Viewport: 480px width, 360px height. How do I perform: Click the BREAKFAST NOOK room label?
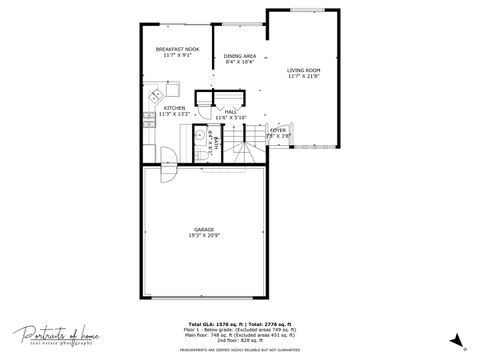pyautogui.click(x=177, y=48)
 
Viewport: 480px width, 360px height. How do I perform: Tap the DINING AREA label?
pyautogui.click(x=240, y=55)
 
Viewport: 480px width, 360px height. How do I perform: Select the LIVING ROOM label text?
pyautogui.click(x=303, y=69)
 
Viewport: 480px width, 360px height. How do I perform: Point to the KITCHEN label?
pyautogui.click(x=175, y=108)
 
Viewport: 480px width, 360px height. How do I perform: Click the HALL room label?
pyautogui.click(x=231, y=111)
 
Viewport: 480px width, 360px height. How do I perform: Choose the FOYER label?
pyautogui.click(x=278, y=130)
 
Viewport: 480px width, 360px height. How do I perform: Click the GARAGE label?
pyautogui.click(x=204, y=230)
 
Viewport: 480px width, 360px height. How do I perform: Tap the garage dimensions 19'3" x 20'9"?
pyautogui.click(x=204, y=236)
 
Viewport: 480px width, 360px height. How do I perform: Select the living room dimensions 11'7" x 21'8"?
pyautogui.click(x=303, y=75)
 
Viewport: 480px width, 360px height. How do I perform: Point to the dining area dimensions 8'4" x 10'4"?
pyautogui.click(x=240, y=61)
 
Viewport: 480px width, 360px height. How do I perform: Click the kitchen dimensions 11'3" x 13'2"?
pyautogui.click(x=175, y=114)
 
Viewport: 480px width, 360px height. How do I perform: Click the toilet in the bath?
pyautogui.click(x=201, y=157)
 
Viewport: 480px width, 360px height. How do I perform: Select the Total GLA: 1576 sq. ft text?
pyautogui.click(x=213, y=324)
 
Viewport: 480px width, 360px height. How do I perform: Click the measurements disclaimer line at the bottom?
pyautogui.click(x=240, y=351)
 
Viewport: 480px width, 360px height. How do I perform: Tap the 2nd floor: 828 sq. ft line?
pyautogui.click(x=240, y=342)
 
